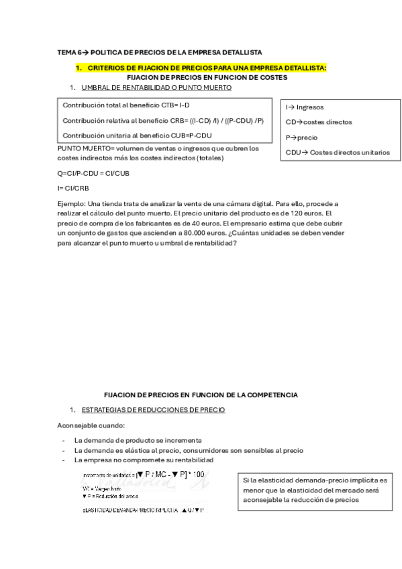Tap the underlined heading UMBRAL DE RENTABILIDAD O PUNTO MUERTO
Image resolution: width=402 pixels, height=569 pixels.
(x=156, y=88)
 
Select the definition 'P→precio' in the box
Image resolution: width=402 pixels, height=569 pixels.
(x=301, y=137)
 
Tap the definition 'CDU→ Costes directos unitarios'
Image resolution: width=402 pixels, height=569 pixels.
(x=337, y=152)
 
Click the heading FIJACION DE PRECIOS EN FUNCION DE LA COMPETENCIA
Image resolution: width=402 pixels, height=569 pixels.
(x=201, y=395)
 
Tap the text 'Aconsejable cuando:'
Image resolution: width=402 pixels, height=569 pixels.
(x=87, y=425)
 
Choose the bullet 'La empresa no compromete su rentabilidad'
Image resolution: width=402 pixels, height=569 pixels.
(x=144, y=460)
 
